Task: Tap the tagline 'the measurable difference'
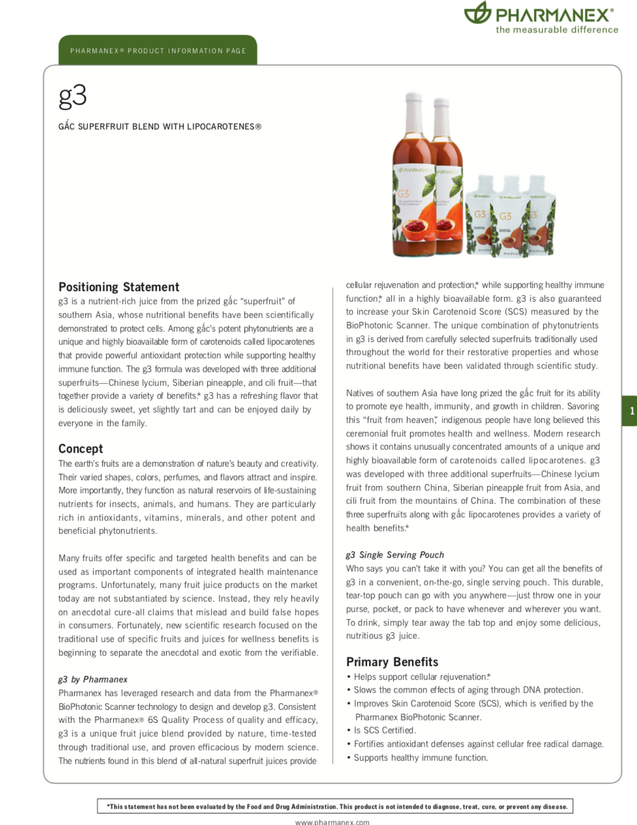point(557,30)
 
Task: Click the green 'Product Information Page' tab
point(158,51)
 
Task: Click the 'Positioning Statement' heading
point(119,287)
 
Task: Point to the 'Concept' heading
point(81,449)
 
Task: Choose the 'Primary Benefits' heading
point(392,662)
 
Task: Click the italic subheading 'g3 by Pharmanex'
point(93,679)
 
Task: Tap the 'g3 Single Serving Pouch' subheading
point(395,555)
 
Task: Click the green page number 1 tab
point(631,411)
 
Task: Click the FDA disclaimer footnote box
point(335,806)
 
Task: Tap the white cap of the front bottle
point(414,103)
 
